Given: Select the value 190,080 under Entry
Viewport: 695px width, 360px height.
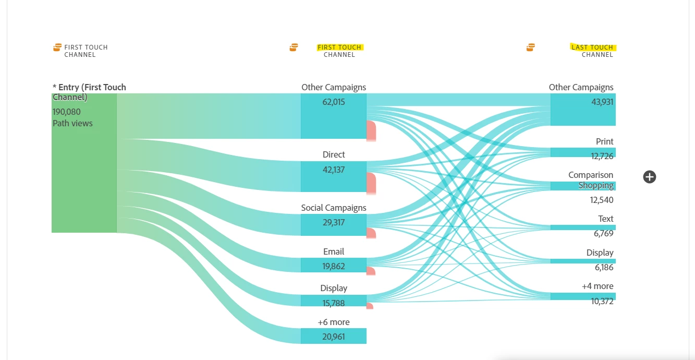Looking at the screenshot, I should [67, 112].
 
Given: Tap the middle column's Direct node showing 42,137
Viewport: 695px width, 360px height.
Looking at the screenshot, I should [334, 176].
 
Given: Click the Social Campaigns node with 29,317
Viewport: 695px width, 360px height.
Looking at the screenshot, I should [334, 224].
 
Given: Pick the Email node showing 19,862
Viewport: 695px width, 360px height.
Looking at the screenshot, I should [334, 265].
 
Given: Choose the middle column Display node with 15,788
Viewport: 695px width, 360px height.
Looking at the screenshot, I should [334, 301].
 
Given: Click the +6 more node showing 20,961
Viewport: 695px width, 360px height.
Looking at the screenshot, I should [334, 336].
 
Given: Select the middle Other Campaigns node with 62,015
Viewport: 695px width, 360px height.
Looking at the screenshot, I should [334, 116].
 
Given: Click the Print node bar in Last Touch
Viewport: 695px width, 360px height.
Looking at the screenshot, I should [583, 152].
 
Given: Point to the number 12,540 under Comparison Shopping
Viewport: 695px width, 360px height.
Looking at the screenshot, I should [602, 200].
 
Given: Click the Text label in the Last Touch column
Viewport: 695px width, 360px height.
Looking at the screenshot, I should [605, 219].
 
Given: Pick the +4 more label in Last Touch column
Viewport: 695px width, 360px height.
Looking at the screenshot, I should [598, 286].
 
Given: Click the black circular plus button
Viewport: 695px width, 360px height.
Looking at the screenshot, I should [650, 177].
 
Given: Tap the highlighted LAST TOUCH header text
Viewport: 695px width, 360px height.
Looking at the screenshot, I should [593, 47].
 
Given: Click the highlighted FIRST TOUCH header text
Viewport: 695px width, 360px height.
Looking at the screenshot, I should [339, 47].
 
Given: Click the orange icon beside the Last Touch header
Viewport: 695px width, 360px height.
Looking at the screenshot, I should [530, 47].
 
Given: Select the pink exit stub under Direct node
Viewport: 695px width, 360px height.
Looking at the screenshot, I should [371, 184].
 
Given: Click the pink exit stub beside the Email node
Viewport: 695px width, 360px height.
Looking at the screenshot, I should [371, 271].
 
